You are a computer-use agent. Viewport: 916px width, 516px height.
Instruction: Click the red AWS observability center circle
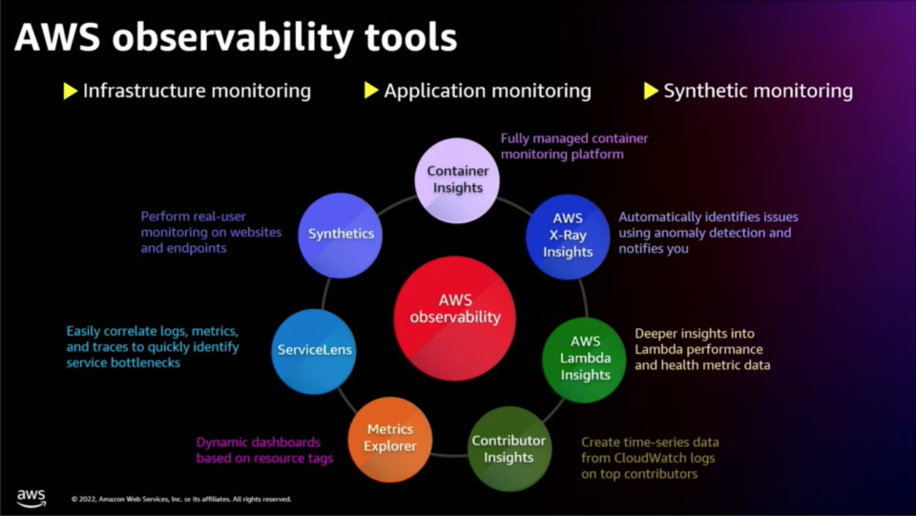(455, 319)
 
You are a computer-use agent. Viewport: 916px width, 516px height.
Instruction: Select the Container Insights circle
(457, 180)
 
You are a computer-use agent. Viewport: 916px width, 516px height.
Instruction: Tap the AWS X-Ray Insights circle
(568, 237)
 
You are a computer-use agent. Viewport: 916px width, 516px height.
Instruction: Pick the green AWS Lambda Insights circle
(585, 359)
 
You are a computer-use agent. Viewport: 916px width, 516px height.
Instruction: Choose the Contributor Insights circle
(509, 449)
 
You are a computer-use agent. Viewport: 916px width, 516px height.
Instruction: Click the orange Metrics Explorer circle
(390, 439)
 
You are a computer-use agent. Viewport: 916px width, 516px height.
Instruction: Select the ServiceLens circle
(314, 351)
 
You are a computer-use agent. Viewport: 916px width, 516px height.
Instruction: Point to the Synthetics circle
(342, 235)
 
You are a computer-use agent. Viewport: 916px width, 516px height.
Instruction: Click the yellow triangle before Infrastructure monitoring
(71, 91)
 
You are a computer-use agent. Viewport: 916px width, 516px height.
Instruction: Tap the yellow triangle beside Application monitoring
(371, 91)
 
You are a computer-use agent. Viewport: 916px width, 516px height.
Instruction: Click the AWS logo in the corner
(31, 498)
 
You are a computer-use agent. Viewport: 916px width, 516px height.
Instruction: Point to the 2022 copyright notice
(181, 499)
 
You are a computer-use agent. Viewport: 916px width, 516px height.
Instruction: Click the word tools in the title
(410, 38)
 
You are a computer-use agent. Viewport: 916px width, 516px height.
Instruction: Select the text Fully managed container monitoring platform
(574, 147)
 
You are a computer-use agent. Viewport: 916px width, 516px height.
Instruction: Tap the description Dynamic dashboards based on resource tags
(264, 450)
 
